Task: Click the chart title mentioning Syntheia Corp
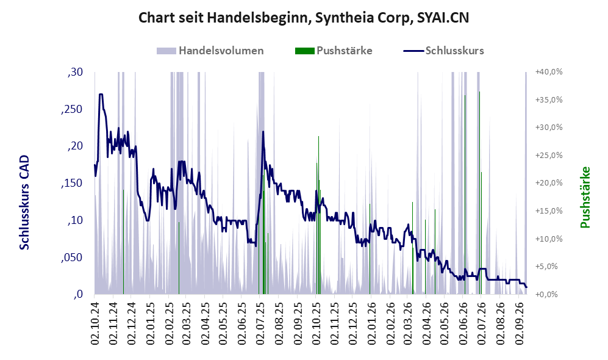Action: pos(304,18)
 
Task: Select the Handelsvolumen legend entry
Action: pos(210,51)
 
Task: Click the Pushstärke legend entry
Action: pos(334,51)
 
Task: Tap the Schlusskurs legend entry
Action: pos(443,51)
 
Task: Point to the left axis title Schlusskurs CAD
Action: pos(24,203)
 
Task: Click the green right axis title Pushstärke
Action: pos(585,198)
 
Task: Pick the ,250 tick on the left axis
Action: pos(72,109)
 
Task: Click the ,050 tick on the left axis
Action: pos(72,257)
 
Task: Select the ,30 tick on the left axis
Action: pos(75,72)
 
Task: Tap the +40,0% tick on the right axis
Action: pos(549,72)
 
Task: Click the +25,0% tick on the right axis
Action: pos(549,155)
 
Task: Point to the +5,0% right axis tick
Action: pos(549,267)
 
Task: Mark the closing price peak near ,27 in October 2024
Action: pos(101,94)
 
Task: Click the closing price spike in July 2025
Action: pos(263,132)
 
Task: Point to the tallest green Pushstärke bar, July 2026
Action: pos(480,193)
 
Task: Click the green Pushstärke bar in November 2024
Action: pos(123,242)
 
